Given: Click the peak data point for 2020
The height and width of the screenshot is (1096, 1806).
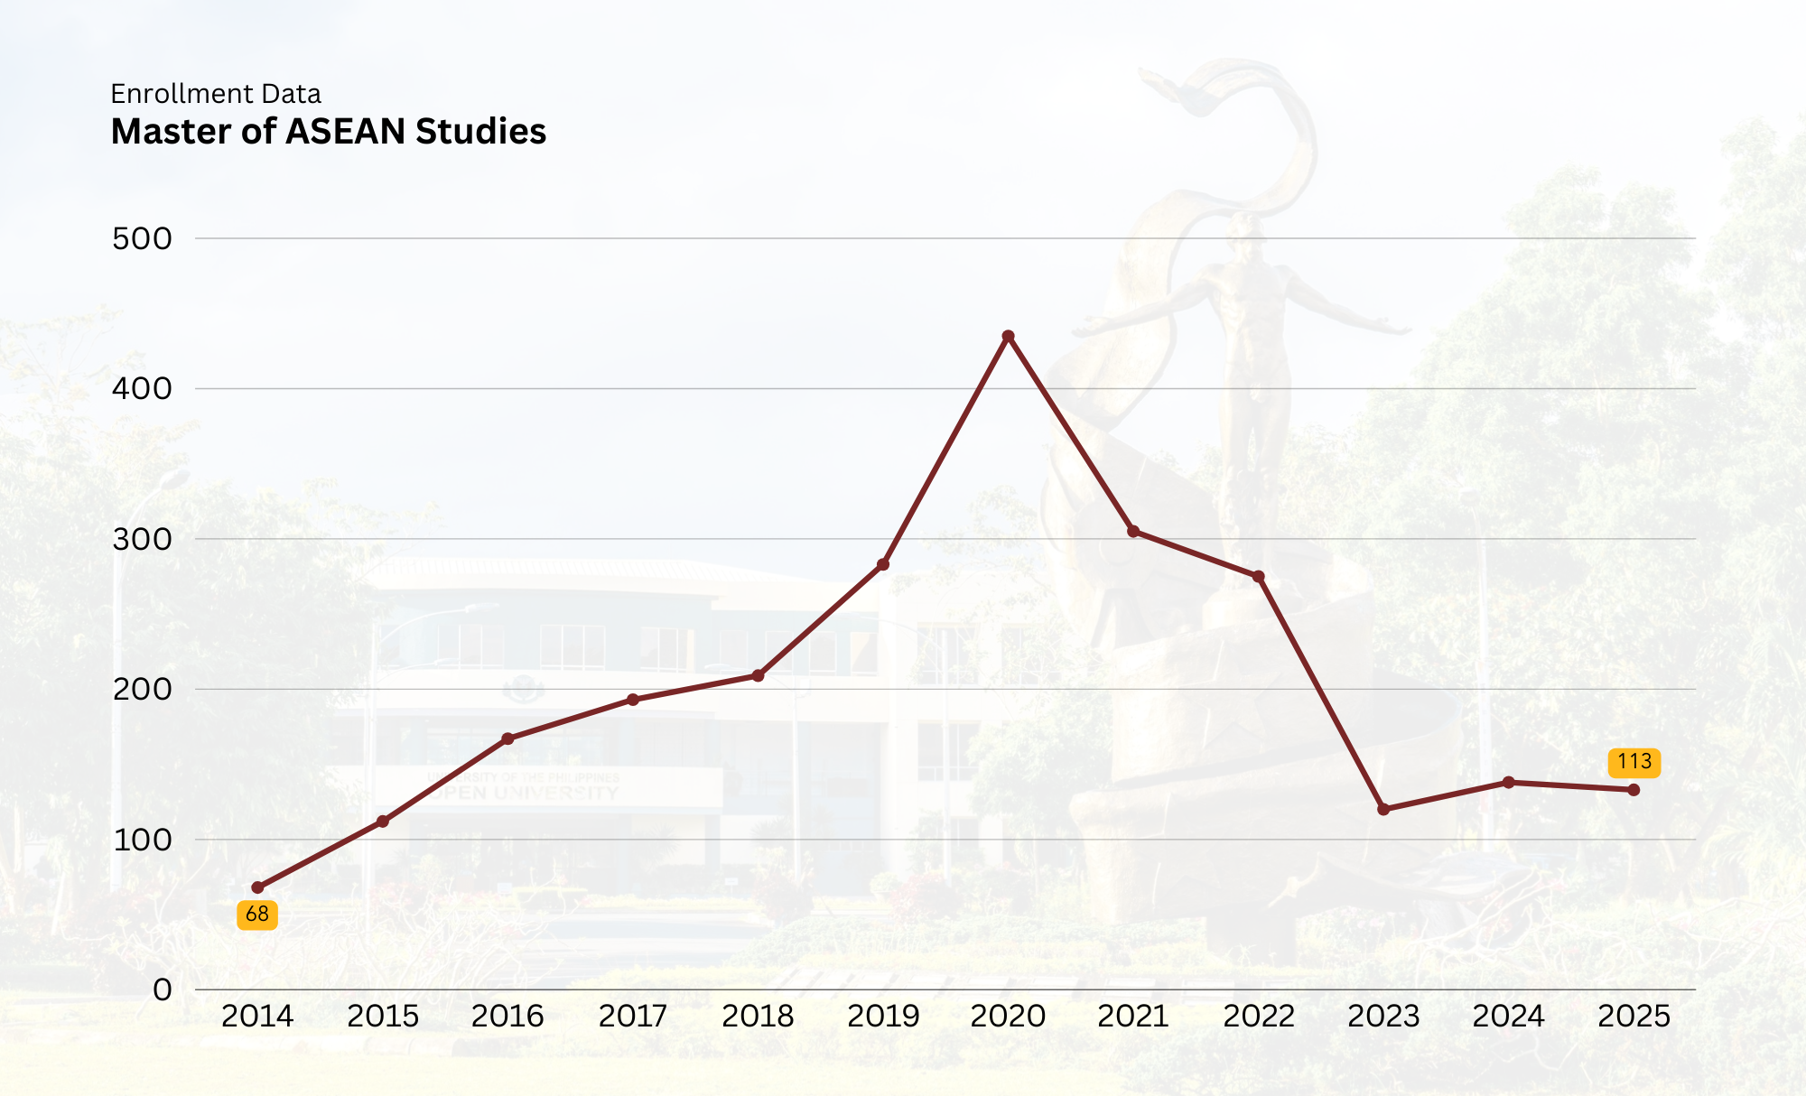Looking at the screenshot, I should [x=1008, y=337].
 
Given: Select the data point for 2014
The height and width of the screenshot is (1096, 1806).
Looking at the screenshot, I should [x=257, y=887].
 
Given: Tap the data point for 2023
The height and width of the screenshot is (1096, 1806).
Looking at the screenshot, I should [x=1383, y=809].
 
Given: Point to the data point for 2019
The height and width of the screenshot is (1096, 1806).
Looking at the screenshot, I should [x=883, y=565].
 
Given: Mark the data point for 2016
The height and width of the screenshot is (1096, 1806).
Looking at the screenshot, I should [x=507, y=738].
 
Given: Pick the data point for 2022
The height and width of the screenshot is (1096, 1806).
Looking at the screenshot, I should [x=1259, y=576].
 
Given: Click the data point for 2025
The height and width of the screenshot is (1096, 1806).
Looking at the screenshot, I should [x=1634, y=790].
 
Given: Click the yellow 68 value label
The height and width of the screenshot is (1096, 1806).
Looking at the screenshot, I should [x=257, y=915].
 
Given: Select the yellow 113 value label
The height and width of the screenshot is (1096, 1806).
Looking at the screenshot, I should [x=1634, y=762].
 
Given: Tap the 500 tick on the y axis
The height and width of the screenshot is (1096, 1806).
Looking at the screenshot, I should [x=142, y=239].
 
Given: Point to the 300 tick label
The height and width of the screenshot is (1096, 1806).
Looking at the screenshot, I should [x=142, y=540].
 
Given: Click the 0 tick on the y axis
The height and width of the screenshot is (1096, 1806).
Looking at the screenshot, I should [x=163, y=990].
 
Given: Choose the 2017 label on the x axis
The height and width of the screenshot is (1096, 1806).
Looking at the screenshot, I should [x=632, y=1017].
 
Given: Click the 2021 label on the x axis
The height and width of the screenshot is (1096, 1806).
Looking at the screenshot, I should [x=1132, y=1017].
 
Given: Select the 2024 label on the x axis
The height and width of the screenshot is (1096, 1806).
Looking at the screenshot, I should [x=1508, y=1017].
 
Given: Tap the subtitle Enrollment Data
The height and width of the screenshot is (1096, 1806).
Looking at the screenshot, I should [x=216, y=94].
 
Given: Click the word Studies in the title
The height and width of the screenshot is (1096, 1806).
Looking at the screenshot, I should [x=480, y=132].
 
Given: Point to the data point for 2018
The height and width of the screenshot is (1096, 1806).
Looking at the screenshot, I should [x=758, y=675].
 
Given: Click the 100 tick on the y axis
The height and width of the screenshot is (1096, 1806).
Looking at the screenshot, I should [x=142, y=841].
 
